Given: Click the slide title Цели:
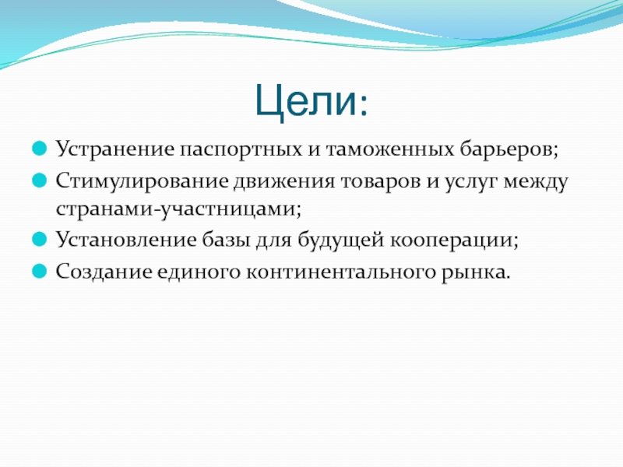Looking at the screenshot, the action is pos(311,102).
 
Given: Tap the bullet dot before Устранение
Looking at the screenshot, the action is pos(40,149).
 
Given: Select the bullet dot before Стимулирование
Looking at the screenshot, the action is pos(40,181).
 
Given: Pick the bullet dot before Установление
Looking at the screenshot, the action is pos(40,240).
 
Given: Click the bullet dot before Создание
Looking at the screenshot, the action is pos(40,271).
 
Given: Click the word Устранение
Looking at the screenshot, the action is pos(114,150).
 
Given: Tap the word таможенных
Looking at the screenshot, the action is pos(390,149).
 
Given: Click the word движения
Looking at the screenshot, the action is pos(283,181).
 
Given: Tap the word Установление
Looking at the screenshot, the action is pos(126,241).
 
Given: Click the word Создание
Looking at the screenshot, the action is pos(104,272).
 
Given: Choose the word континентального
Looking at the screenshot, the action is pos(340,272).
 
